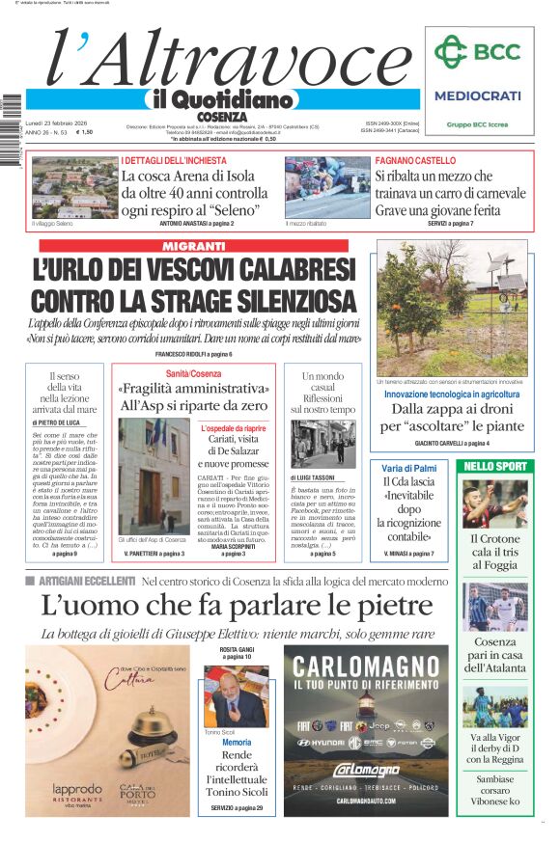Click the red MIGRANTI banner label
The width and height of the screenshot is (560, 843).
point(193,247)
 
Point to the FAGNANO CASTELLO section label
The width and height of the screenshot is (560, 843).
point(415,160)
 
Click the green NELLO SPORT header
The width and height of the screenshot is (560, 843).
point(495,467)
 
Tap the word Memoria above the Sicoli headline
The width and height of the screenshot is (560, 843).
point(236,744)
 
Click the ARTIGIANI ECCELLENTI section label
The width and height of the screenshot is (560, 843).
point(87,582)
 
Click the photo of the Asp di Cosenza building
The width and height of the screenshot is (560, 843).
point(154,475)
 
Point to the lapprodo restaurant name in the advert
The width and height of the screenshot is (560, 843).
point(76,789)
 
